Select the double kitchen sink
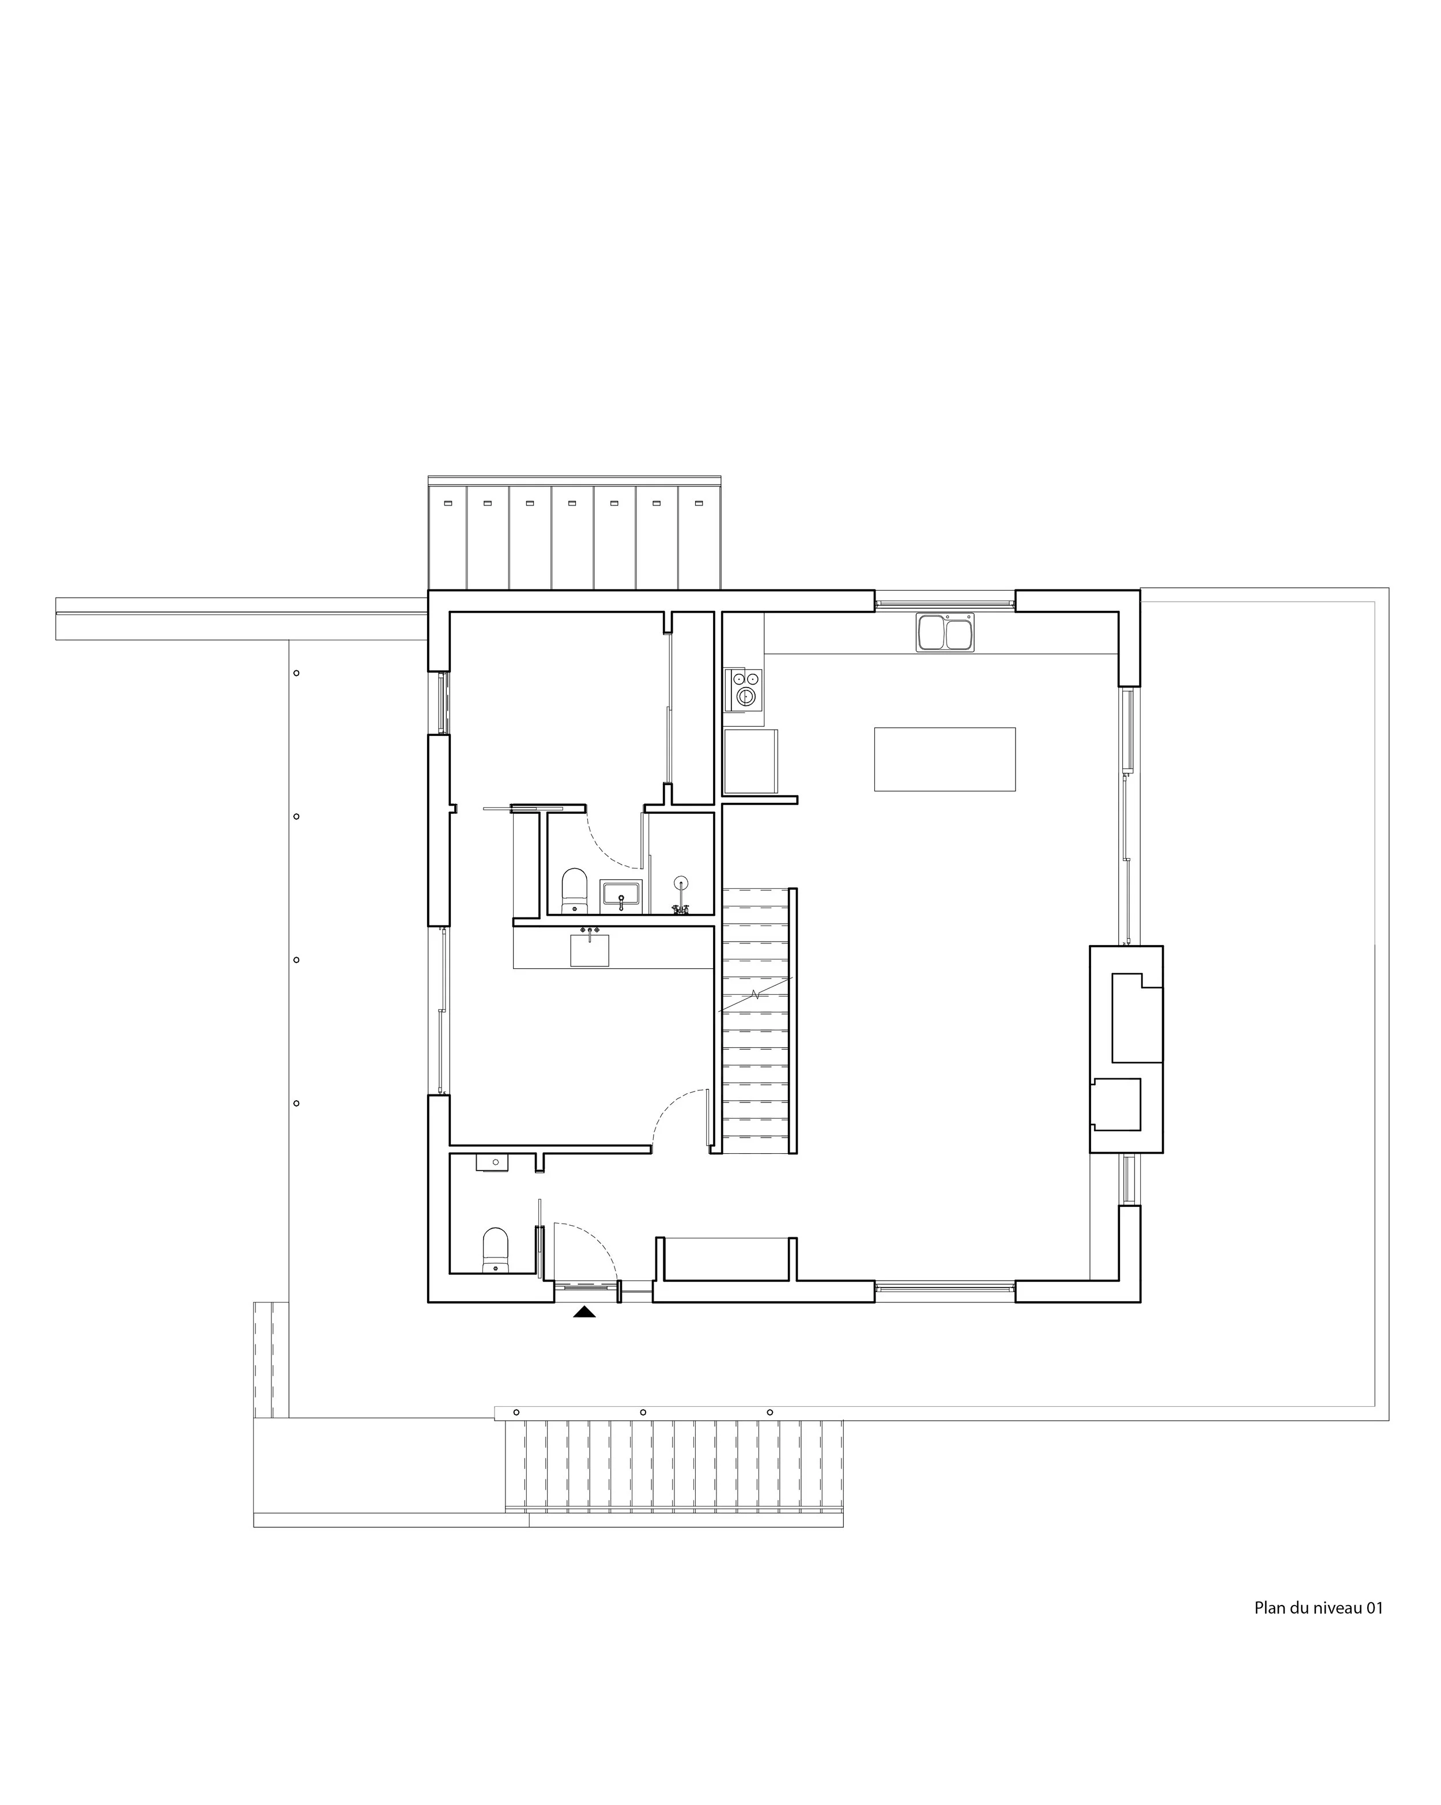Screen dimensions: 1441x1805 pos(945,632)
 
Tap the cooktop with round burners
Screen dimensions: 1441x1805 pos(744,688)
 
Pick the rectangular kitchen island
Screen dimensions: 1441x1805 pos(945,758)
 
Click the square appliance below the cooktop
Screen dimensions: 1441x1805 pos(750,761)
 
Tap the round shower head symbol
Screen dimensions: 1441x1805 pos(681,882)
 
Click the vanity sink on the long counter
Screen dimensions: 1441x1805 pos(590,949)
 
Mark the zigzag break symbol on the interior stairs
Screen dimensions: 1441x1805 pos(755,995)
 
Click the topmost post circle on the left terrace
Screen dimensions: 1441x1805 pos(296,673)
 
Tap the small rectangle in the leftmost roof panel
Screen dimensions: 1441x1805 pos(447,503)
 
